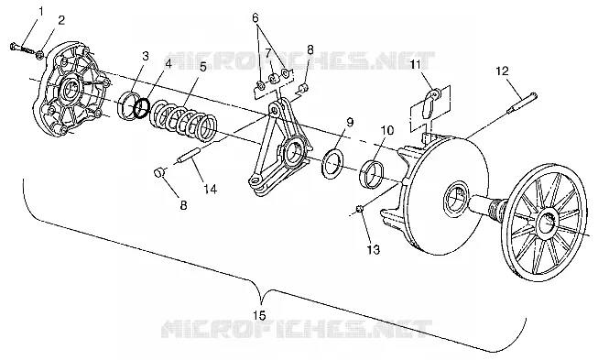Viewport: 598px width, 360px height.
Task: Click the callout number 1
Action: pos(41,11)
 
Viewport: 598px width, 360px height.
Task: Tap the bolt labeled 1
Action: pos(19,49)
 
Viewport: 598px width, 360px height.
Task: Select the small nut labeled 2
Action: pos(39,56)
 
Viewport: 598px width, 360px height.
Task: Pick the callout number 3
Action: pos(146,56)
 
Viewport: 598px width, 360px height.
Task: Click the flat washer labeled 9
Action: pos(333,162)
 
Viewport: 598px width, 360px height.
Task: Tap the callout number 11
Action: pos(415,64)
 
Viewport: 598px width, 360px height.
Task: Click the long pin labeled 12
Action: pos(522,103)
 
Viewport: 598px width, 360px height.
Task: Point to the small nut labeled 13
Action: pos(359,208)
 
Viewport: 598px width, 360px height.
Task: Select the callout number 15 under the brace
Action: pos(259,315)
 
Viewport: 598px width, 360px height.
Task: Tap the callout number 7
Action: pos(267,52)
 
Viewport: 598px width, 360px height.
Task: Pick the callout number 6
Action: pos(256,17)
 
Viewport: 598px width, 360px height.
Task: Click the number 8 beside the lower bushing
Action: pos(183,205)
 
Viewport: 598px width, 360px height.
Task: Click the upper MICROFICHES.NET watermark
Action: pos(299,61)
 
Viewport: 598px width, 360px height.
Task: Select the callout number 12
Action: pos(503,71)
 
